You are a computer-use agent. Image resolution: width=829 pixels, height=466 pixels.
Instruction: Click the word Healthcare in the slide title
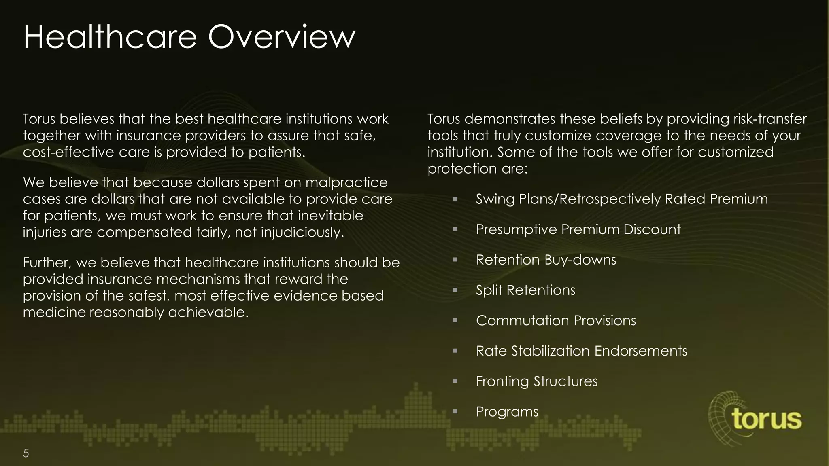110,37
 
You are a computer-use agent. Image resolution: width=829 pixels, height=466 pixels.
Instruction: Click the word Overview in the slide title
282,37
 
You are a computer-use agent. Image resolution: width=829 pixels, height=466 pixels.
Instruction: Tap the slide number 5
26,453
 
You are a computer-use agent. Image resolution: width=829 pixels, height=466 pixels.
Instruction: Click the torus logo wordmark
767,419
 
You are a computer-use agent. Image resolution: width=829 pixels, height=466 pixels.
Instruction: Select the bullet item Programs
507,412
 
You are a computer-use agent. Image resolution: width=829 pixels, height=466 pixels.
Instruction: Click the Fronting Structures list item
536,381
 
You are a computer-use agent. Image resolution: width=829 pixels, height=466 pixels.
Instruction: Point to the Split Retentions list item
525,290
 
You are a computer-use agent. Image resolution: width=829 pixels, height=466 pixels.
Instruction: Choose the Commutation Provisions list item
556,321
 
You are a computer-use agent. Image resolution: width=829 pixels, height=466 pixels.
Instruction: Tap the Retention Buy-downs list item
546,260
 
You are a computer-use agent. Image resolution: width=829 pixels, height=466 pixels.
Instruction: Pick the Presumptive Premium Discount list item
578,230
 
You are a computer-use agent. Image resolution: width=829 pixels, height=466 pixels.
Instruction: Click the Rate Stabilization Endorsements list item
581,351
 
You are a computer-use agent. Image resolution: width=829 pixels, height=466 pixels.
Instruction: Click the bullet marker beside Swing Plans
455,199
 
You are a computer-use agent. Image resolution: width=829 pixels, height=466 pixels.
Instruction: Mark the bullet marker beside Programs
455,412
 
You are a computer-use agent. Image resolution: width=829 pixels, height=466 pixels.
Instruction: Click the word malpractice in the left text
346,183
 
